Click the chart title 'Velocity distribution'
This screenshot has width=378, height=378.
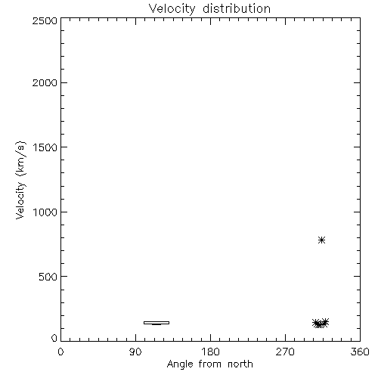pos(209,9)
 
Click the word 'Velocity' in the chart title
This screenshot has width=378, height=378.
pos(172,9)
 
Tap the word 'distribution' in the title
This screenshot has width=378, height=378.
pos(237,8)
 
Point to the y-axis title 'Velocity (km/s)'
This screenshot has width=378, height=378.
pos(20,180)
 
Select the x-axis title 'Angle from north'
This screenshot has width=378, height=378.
pos(209,364)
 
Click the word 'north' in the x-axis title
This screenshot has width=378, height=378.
pos(240,364)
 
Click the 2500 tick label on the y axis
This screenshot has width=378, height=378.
pos(45,20)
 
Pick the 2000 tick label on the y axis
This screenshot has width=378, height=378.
pos(45,82)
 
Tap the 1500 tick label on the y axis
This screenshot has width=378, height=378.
pos(45,147)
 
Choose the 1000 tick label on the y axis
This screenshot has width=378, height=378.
pos(45,212)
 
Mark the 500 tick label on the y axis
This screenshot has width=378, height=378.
pos(48,277)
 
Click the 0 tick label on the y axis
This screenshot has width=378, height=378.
pos(54,338)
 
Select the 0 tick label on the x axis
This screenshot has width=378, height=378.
pos(60,352)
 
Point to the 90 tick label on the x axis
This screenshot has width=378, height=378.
pos(135,352)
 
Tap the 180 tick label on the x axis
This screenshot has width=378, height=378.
pos(210,352)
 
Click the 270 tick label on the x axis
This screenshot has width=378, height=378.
pos(285,352)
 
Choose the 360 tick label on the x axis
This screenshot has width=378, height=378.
pos(360,352)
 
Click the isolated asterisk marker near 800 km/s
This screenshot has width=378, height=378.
pos(321,240)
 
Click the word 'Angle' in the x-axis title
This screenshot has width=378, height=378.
pos(180,364)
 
